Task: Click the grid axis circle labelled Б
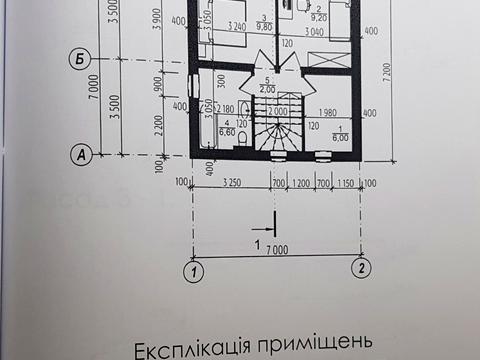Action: pos(78,59)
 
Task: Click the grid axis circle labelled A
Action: pos(78,154)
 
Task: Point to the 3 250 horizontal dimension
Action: pos(230,183)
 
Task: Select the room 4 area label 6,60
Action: pos(226,132)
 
